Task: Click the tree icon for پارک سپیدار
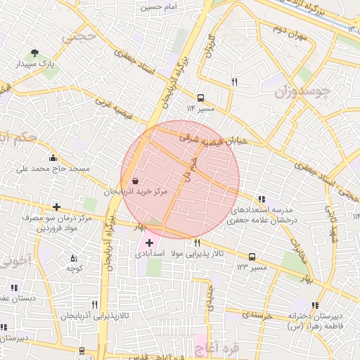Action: click(34, 53)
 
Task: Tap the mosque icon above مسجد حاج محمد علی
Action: click(53, 157)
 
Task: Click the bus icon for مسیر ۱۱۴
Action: click(201, 98)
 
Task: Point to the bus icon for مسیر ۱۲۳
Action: click(252, 257)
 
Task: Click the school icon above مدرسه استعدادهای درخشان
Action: click(262, 200)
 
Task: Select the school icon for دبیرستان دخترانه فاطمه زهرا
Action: click(315, 306)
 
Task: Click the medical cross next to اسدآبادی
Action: click(149, 243)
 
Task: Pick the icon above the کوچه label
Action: click(74, 259)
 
